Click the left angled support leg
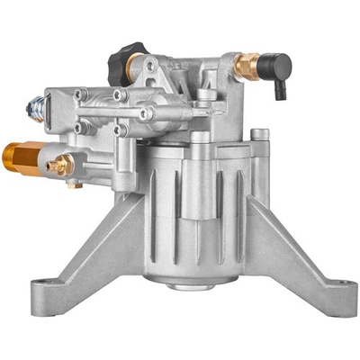click(x=90, y=243)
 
